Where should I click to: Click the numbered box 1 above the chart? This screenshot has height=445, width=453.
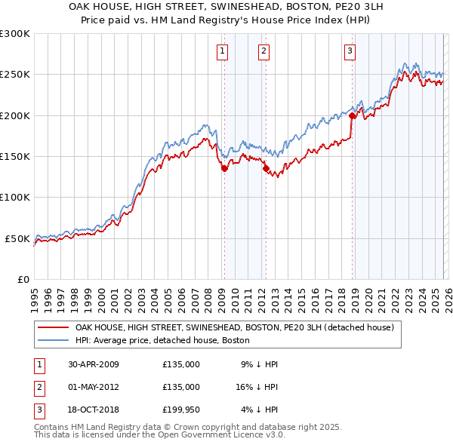pyautogui.click(x=223, y=51)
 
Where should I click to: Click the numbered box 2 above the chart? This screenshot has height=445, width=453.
pyautogui.click(x=263, y=51)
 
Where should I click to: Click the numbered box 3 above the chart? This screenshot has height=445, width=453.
pyautogui.click(x=350, y=51)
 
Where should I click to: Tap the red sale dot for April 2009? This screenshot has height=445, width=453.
pyautogui.click(x=224, y=169)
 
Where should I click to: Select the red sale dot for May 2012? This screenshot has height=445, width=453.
pyautogui.click(x=265, y=169)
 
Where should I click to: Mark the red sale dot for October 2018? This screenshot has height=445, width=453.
pyautogui.click(x=352, y=116)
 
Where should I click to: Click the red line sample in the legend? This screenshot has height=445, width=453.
pyautogui.click(x=53, y=328)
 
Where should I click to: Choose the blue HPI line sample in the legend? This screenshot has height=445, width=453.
pyautogui.click(x=53, y=340)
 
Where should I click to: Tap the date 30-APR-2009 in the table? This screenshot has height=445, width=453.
pyautogui.click(x=93, y=364)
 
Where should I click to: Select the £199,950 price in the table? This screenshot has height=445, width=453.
pyautogui.click(x=181, y=410)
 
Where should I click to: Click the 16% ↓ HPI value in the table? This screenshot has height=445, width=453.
pyautogui.click(x=259, y=387)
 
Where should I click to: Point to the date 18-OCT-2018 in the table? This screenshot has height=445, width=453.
pyautogui.click(x=93, y=410)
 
